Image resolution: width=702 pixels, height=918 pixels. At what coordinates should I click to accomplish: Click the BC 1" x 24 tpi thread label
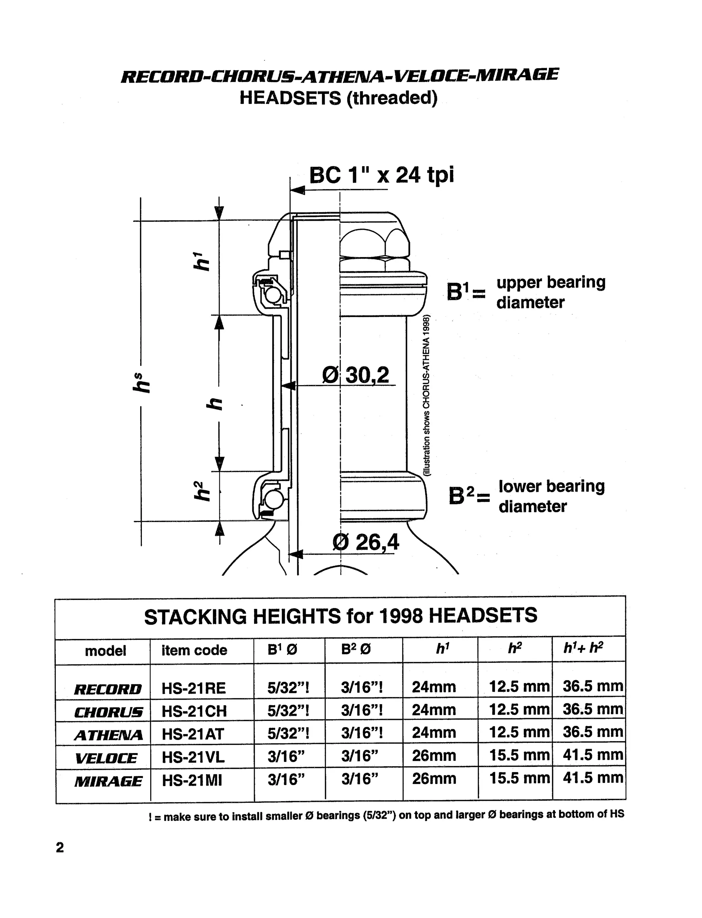(381, 175)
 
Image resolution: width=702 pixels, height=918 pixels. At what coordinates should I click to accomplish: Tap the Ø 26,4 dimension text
(366, 542)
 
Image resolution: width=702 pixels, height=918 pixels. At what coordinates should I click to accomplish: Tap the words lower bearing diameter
(551, 496)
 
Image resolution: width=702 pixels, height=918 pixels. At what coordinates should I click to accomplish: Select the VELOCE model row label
(106, 758)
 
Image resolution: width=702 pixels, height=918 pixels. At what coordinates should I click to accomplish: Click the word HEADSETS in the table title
(483, 616)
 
